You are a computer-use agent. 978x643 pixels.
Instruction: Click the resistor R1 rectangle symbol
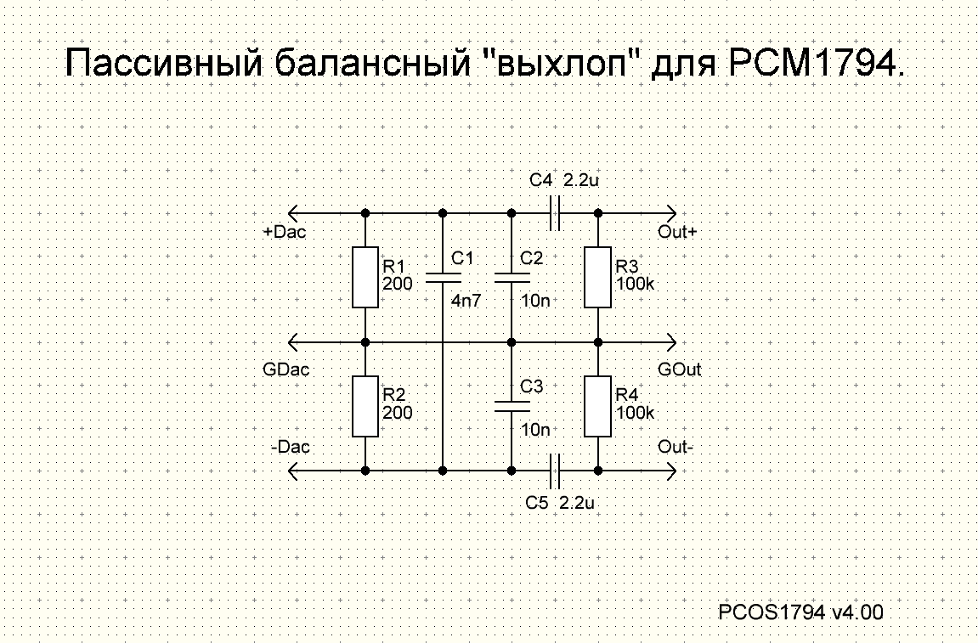[x=365, y=277]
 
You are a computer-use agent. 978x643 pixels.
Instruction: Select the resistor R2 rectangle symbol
[x=365, y=408]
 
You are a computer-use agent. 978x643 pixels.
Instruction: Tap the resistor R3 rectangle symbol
[x=597, y=277]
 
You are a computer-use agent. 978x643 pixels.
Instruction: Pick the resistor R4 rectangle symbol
[x=597, y=408]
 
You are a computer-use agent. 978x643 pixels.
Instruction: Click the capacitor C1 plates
[x=443, y=277]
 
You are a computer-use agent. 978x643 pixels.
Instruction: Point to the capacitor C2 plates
[x=512, y=277]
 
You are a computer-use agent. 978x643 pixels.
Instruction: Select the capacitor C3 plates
[x=512, y=407]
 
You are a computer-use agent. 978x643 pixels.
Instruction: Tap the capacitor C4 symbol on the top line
[x=555, y=212]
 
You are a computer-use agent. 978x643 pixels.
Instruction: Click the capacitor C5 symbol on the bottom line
[x=555, y=470]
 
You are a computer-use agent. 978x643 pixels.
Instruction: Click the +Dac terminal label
[x=285, y=231]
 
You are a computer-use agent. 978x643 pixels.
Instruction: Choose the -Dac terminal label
[x=291, y=447]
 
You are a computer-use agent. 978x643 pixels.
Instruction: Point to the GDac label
[x=287, y=369]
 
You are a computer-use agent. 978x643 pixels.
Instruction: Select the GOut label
[x=679, y=369]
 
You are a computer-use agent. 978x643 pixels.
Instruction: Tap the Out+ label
[x=677, y=231]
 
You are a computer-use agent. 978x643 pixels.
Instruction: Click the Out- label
[x=676, y=447]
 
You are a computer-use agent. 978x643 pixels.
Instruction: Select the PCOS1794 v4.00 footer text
[x=800, y=612]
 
